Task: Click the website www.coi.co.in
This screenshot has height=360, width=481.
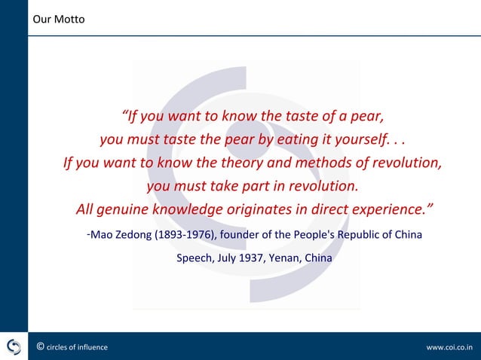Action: [449, 347]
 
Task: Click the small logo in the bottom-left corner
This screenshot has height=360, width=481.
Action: [14, 346]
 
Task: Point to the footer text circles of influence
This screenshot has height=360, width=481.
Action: [77, 347]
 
